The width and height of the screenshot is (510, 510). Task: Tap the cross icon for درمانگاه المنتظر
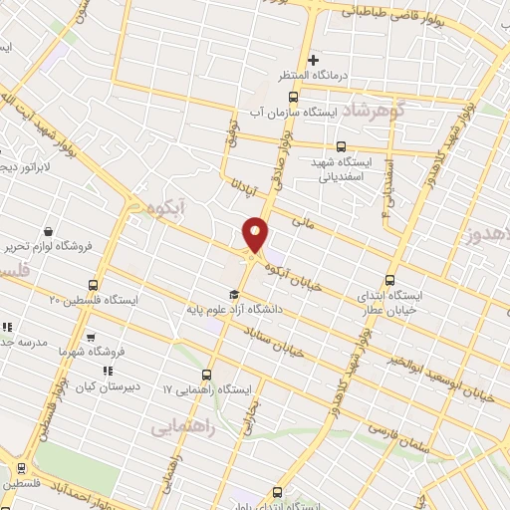(314, 61)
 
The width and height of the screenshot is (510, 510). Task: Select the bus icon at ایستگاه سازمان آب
(292, 97)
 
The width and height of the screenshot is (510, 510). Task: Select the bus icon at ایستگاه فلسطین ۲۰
(94, 284)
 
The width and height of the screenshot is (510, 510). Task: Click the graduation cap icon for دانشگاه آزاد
(233, 294)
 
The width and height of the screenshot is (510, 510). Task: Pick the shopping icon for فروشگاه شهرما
(91, 337)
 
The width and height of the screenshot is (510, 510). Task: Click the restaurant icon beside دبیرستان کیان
(108, 372)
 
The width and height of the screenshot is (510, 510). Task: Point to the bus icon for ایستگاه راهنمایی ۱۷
(206, 375)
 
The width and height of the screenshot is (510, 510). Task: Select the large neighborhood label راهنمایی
(179, 427)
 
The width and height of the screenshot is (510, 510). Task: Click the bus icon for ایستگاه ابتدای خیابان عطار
(388, 280)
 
